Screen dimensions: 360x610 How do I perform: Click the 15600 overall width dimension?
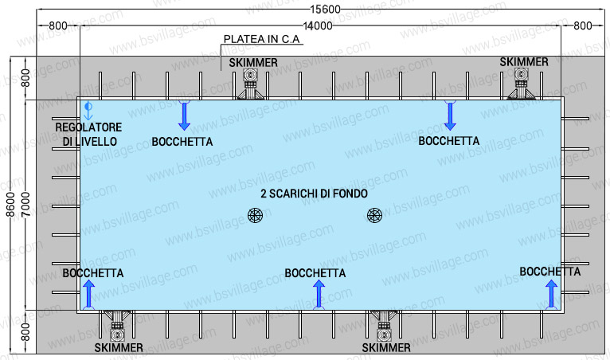tap(321, 9)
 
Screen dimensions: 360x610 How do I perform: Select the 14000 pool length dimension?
tap(319, 26)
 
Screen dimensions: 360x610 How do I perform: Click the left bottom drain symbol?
tap(255, 215)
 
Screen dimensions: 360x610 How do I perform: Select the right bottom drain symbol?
tap(374, 215)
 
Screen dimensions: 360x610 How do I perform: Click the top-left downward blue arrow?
tap(184, 116)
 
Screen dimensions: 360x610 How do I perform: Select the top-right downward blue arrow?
tap(450, 116)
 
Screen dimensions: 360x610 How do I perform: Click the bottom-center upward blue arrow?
tap(319, 294)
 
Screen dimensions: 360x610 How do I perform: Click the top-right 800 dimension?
tap(582, 26)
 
